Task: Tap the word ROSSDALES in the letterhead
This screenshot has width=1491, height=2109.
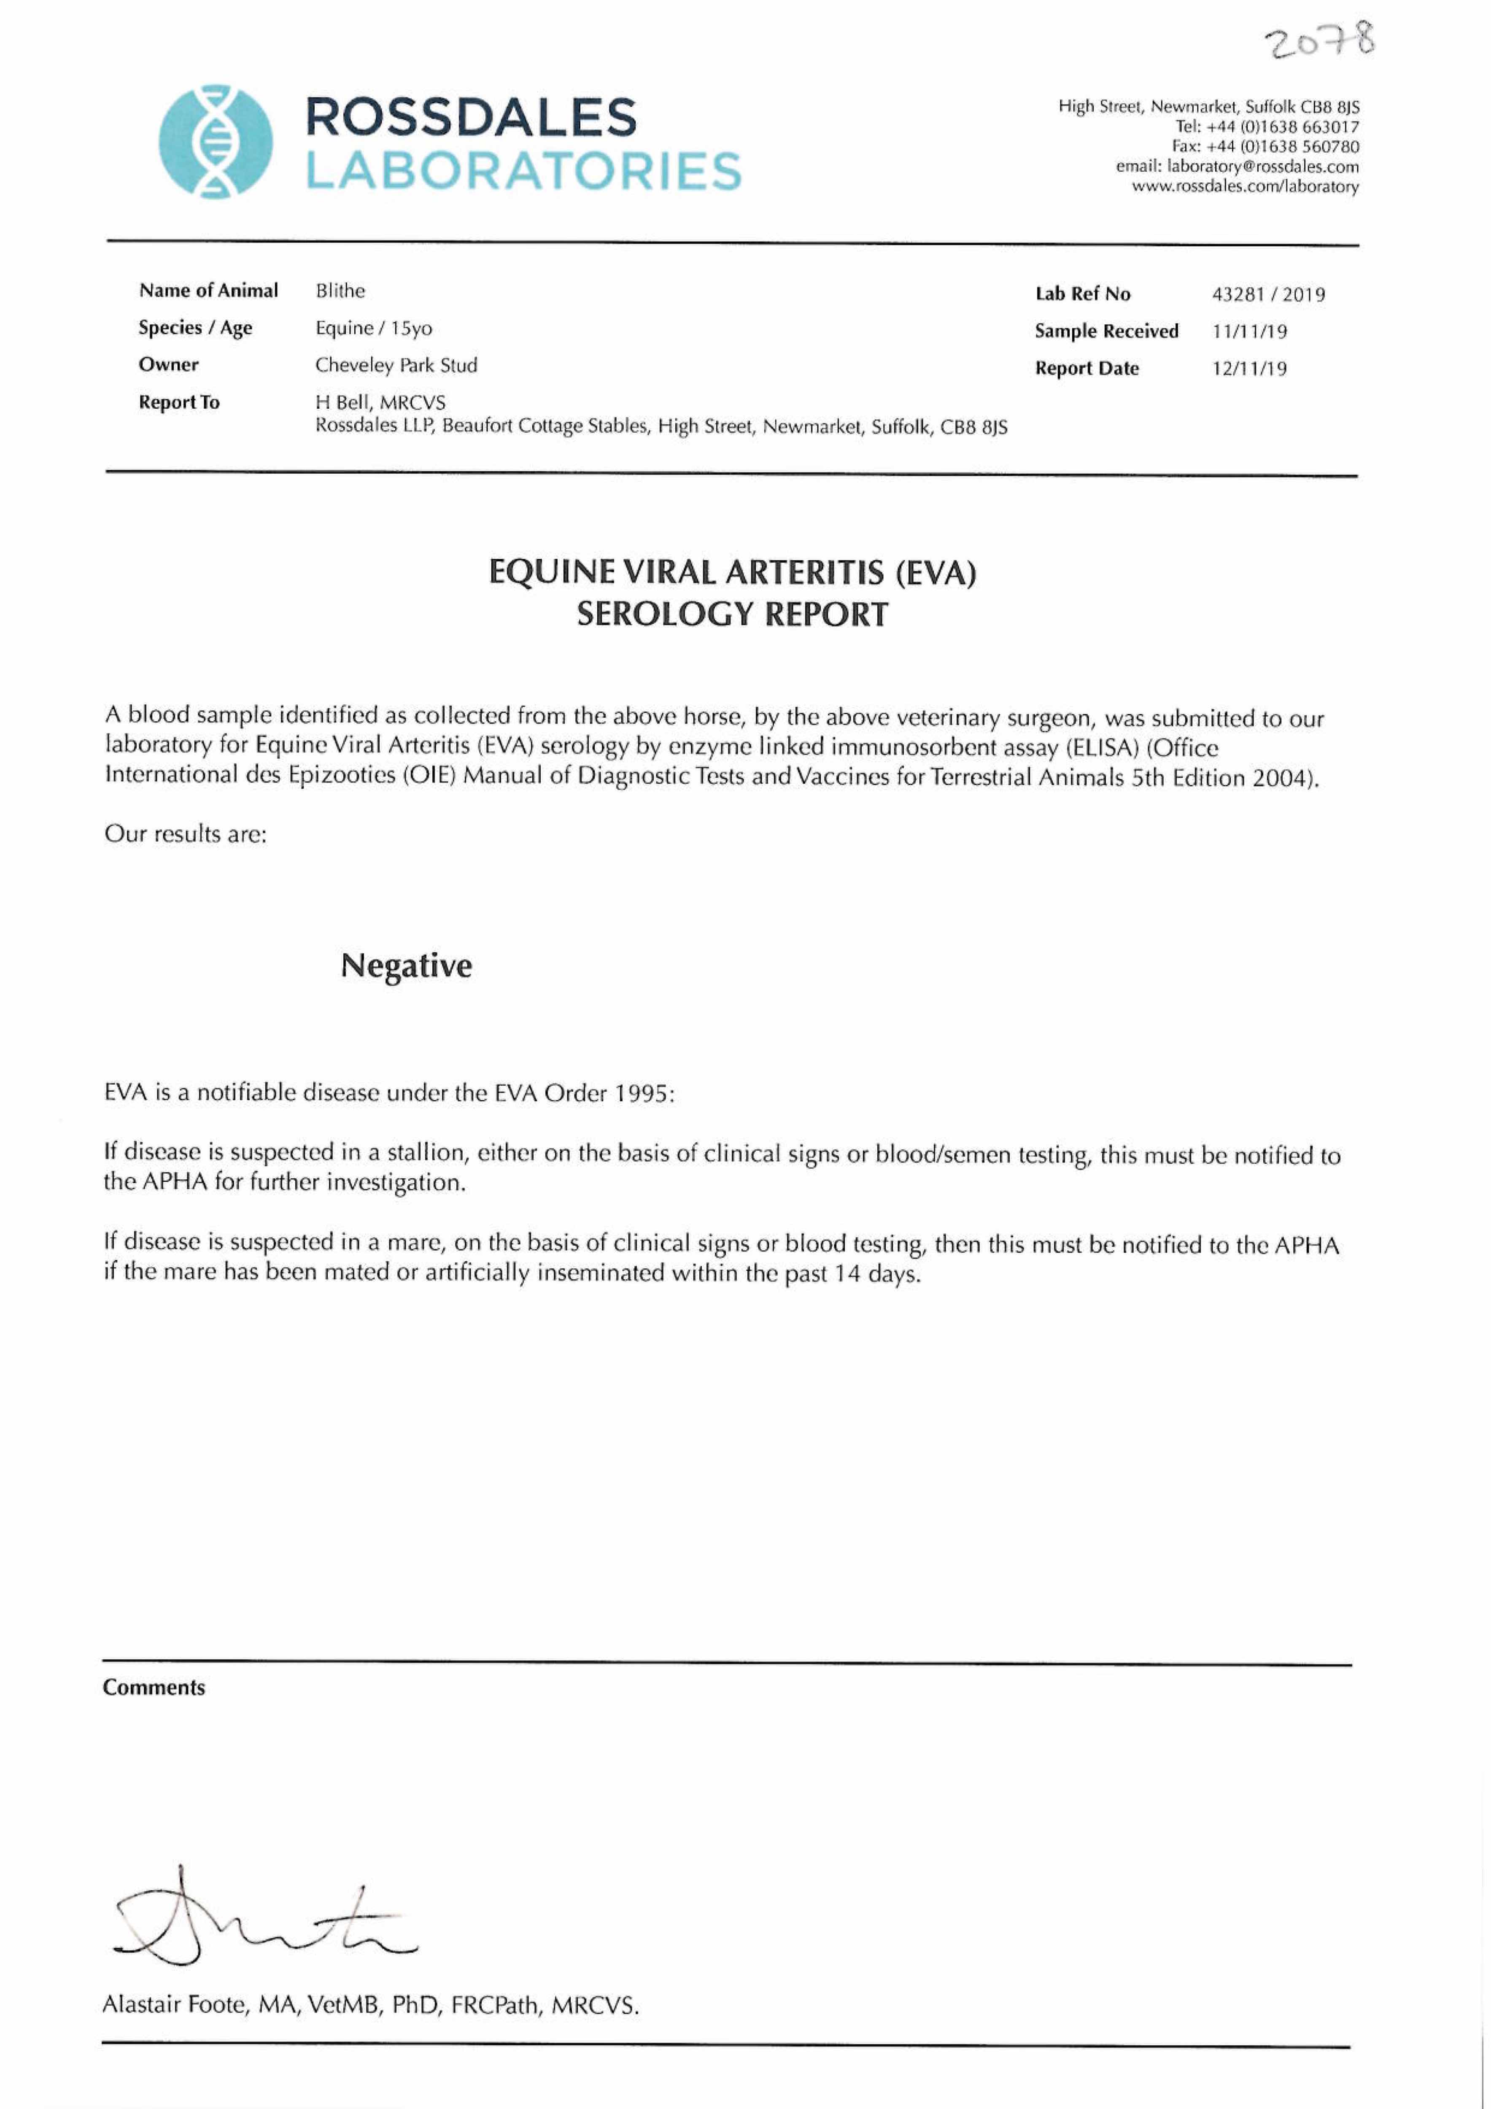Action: tap(470, 118)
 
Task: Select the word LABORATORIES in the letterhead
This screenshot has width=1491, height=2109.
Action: tap(523, 172)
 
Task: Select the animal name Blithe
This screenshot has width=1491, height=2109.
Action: tap(340, 291)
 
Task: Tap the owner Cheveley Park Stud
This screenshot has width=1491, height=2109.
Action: tap(396, 366)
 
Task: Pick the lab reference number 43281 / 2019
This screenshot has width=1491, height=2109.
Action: tap(1268, 295)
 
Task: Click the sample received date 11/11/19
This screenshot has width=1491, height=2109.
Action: tap(1249, 332)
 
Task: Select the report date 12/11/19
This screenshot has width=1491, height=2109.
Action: tap(1249, 369)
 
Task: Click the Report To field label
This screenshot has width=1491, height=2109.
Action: tap(179, 402)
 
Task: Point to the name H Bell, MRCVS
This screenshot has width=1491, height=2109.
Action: tap(380, 402)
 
